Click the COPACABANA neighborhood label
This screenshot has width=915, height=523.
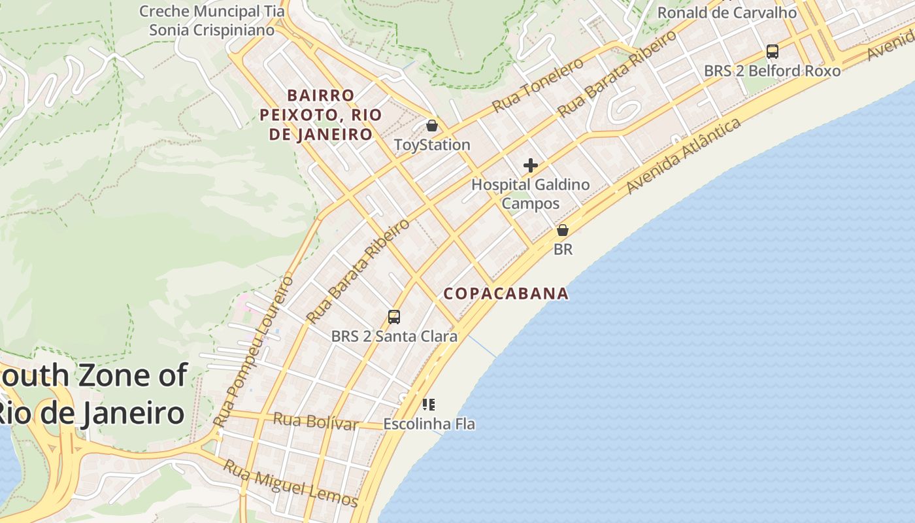tap(506, 294)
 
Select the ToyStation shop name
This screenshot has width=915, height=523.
tap(432, 144)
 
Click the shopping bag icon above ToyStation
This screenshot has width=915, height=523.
tap(432, 125)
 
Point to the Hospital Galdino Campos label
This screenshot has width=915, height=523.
tap(530, 194)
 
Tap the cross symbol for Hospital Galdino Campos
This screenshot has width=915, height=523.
tap(530, 165)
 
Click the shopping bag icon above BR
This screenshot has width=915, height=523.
tap(563, 230)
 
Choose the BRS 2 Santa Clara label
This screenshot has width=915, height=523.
tap(394, 337)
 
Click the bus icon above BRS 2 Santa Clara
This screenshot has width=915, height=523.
tap(393, 317)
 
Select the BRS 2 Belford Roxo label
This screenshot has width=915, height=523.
tap(772, 71)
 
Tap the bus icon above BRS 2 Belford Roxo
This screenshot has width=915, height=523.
tap(772, 51)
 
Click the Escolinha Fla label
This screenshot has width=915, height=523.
tap(429, 424)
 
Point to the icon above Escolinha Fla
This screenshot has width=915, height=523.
tap(428, 404)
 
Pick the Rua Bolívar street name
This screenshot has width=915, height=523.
tap(315, 422)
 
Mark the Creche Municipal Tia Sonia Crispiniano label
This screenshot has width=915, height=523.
tap(212, 20)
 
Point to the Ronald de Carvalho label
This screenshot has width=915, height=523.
tap(727, 12)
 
